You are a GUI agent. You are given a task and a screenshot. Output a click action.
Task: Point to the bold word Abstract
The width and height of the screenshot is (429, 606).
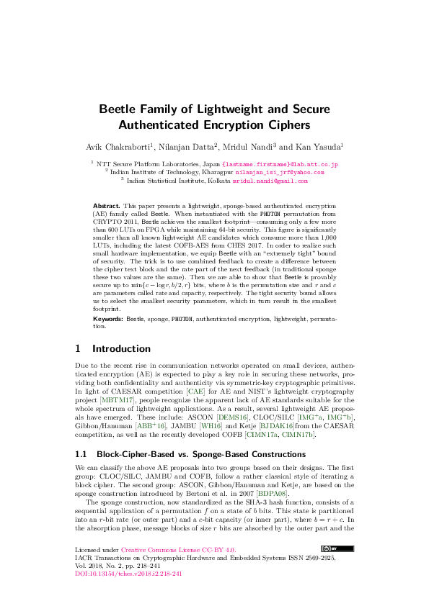pos(107,206)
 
